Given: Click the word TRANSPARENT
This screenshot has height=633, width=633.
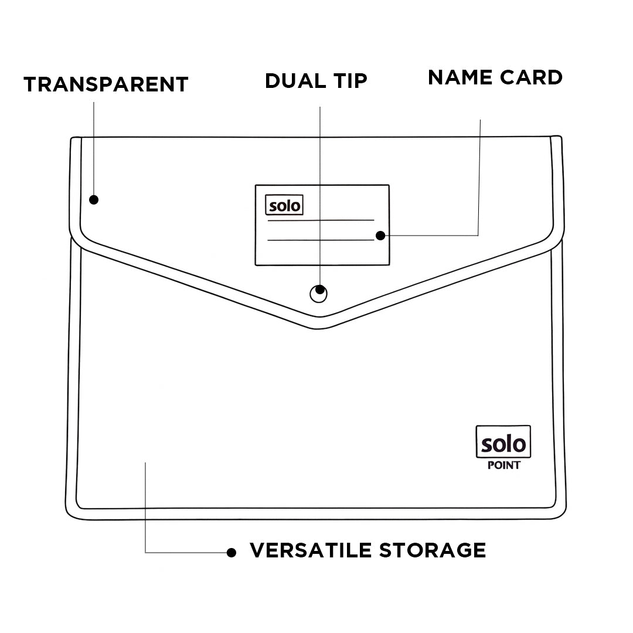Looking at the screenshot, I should point(105,84).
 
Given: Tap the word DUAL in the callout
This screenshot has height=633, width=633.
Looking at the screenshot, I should point(294,81).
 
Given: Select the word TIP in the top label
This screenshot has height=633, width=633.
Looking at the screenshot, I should point(346,81).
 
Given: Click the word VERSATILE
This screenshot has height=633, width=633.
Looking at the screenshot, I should point(311,550).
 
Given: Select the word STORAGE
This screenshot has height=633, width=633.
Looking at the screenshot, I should point(433,550).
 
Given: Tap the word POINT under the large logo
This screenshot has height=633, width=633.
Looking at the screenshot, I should point(503,466).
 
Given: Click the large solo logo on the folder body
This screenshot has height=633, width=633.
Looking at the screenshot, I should point(503,443).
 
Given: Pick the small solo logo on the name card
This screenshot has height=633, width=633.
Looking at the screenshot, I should point(284,206).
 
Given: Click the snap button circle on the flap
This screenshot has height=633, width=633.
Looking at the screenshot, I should point(318,294).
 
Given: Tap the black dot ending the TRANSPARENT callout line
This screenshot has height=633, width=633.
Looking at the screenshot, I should point(94,200).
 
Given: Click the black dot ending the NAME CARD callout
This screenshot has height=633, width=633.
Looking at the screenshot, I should point(380,236).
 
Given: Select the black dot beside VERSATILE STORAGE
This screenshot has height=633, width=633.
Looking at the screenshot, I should point(232,552).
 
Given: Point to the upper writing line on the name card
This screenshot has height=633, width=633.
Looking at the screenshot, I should point(321,220).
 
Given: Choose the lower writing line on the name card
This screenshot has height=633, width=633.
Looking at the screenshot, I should point(321,240).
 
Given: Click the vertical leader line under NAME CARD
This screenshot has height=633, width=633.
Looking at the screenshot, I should point(480,176).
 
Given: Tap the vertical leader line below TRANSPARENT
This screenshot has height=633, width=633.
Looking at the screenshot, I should point(94,147).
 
